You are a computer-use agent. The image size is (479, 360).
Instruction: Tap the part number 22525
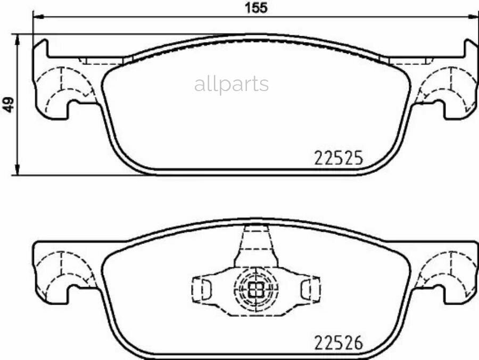338,158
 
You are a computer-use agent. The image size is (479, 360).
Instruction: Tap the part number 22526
338,342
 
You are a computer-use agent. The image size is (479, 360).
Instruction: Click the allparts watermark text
232,84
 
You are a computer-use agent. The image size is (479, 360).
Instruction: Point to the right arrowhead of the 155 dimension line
474,17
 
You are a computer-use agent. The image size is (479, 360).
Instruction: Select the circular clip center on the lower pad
256,289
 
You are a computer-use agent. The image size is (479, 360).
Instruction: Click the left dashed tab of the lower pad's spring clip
203,288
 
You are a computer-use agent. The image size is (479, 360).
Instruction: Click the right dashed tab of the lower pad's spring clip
309,288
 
